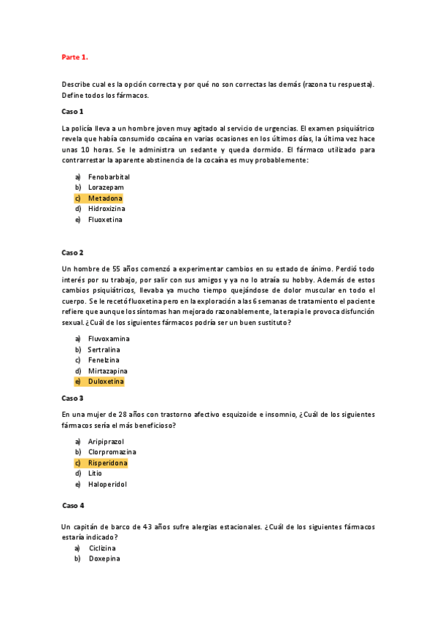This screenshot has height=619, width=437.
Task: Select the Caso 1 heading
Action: pos(72,111)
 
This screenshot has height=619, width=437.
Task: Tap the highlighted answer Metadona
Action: pos(105,199)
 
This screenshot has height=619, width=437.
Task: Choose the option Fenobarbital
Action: pos(109,177)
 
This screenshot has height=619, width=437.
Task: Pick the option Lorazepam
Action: pos(105,188)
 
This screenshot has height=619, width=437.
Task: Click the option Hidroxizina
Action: pos(108,209)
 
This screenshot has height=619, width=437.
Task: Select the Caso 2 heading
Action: pos(72,252)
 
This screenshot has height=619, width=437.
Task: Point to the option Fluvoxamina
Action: pos(109,339)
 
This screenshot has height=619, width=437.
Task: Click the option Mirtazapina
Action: pos(108,371)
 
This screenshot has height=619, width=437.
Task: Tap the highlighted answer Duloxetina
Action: pos(106,382)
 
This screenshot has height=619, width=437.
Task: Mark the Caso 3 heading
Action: pos(72,398)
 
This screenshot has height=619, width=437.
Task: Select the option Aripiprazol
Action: pos(107,442)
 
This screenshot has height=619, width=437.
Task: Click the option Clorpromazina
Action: pos(112,452)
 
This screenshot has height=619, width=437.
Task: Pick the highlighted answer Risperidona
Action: pos(108,463)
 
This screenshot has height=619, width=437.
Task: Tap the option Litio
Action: pos(95,473)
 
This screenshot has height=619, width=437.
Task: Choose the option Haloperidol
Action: pos(107,484)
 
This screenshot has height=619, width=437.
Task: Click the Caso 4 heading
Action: pos(74,505)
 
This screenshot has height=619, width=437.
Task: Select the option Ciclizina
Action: pos(103,548)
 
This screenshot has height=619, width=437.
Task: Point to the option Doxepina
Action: pos(104,559)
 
